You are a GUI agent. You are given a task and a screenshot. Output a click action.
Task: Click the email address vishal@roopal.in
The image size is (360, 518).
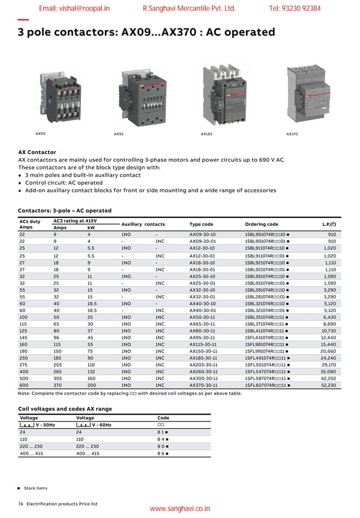(74, 8)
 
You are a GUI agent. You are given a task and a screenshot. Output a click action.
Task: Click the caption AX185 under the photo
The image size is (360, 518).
(207, 134)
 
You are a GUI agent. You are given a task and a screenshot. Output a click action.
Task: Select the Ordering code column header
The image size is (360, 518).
(261, 224)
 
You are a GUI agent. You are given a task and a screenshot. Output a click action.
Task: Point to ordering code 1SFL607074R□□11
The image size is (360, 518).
(267, 385)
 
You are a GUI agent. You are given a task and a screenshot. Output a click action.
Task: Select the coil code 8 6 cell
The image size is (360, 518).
(163, 453)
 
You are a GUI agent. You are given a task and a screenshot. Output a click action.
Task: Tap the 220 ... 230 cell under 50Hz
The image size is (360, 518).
(31, 446)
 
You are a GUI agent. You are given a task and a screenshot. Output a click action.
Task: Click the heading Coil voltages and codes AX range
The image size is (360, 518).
(65, 409)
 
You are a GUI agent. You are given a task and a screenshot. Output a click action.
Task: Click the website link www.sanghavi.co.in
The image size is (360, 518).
(179, 509)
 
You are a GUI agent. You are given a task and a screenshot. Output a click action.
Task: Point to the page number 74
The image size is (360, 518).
(20, 503)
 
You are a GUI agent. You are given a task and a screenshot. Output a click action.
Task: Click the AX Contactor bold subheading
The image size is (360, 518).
(37, 152)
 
